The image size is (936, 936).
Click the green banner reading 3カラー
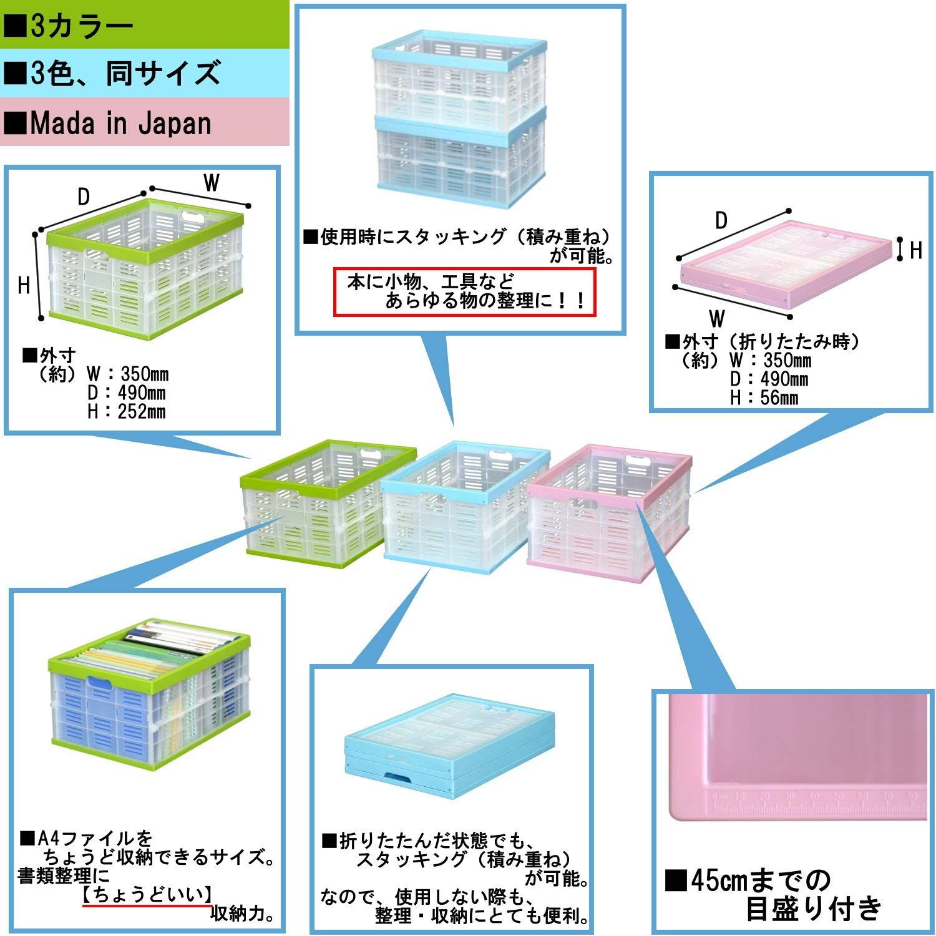point(144,24)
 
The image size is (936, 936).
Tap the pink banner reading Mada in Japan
point(144,122)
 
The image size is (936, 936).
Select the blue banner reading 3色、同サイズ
point(144,73)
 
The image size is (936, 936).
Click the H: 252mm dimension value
point(127,412)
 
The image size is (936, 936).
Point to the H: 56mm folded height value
point(765,398)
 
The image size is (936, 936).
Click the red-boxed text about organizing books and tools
point(465,291)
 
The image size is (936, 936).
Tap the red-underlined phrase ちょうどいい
point(147,895)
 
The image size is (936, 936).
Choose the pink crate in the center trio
point(608,510)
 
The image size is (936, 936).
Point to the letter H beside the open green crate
point(24,286)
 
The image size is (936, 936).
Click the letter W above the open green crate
point(212,183)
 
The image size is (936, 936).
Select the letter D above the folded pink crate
point(721,221)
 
